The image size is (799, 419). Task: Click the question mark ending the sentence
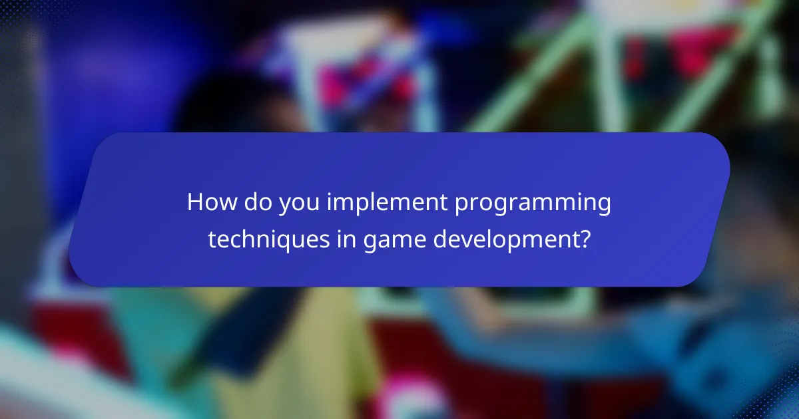click(x=583, y=238)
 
